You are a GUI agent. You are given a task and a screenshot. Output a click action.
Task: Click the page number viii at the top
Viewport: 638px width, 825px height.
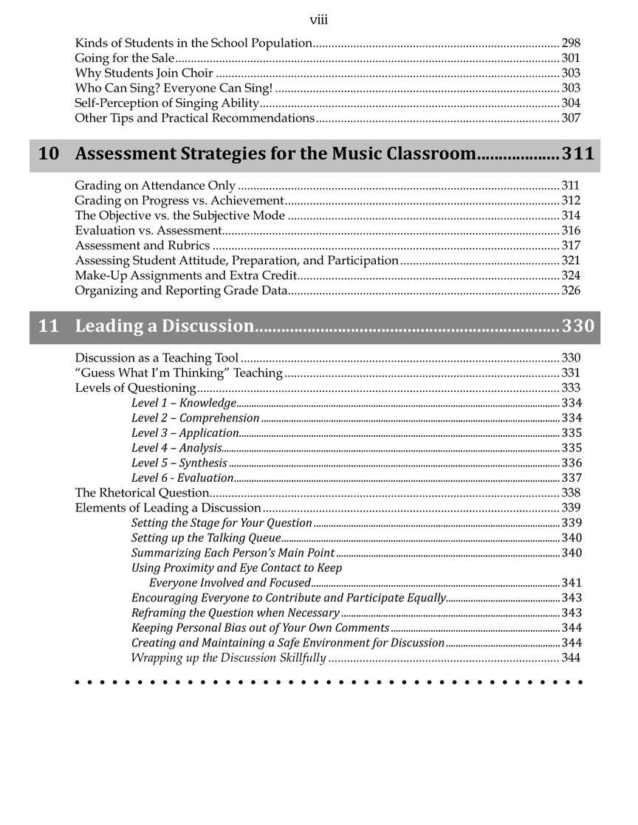pos(318,20)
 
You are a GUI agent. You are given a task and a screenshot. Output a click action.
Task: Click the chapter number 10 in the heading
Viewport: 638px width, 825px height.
pos(48,154)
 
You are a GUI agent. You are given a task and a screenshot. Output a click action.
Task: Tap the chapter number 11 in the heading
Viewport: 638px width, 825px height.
pos(48,326)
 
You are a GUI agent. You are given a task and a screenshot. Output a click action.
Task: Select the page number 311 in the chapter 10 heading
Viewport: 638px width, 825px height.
pos(577,154)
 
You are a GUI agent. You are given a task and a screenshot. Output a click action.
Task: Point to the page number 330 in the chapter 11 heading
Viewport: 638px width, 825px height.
pos(577,326)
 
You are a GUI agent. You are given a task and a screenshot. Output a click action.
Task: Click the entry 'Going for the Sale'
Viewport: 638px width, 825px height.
pos(125,58)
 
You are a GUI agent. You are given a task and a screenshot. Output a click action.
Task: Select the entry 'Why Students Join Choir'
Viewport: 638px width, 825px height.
pos(144,73)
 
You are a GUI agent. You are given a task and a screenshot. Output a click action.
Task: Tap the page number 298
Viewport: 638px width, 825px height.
pos(571,43)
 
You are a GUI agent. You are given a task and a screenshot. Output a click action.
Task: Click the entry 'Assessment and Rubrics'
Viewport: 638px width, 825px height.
pos(143,245)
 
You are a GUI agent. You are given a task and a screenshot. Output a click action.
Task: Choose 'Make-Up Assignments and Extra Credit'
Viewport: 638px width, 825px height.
pos(186,275)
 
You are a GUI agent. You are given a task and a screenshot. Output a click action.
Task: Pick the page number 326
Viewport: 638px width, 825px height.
pos(571,290)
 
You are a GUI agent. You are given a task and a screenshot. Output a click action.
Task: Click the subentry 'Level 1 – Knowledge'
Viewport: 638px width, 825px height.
pos(184,403)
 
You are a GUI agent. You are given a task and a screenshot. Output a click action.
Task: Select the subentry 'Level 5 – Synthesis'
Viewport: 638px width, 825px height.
pos(179,463)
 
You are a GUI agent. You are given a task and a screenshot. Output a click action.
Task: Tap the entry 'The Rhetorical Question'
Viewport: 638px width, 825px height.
pos(142,493)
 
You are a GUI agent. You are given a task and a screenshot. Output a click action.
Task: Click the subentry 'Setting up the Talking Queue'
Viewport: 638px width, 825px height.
pos(206,538)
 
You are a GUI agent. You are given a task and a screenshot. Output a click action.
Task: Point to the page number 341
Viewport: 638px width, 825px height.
pos(572,583)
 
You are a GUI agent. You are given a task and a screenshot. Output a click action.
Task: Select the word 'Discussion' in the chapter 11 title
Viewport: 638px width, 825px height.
pos(208,326)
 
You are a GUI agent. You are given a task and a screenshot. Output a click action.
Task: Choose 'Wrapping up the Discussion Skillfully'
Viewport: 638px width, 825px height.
pos(228,657)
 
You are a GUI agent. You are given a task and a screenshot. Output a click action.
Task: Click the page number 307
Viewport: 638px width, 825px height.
pos(571,118)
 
